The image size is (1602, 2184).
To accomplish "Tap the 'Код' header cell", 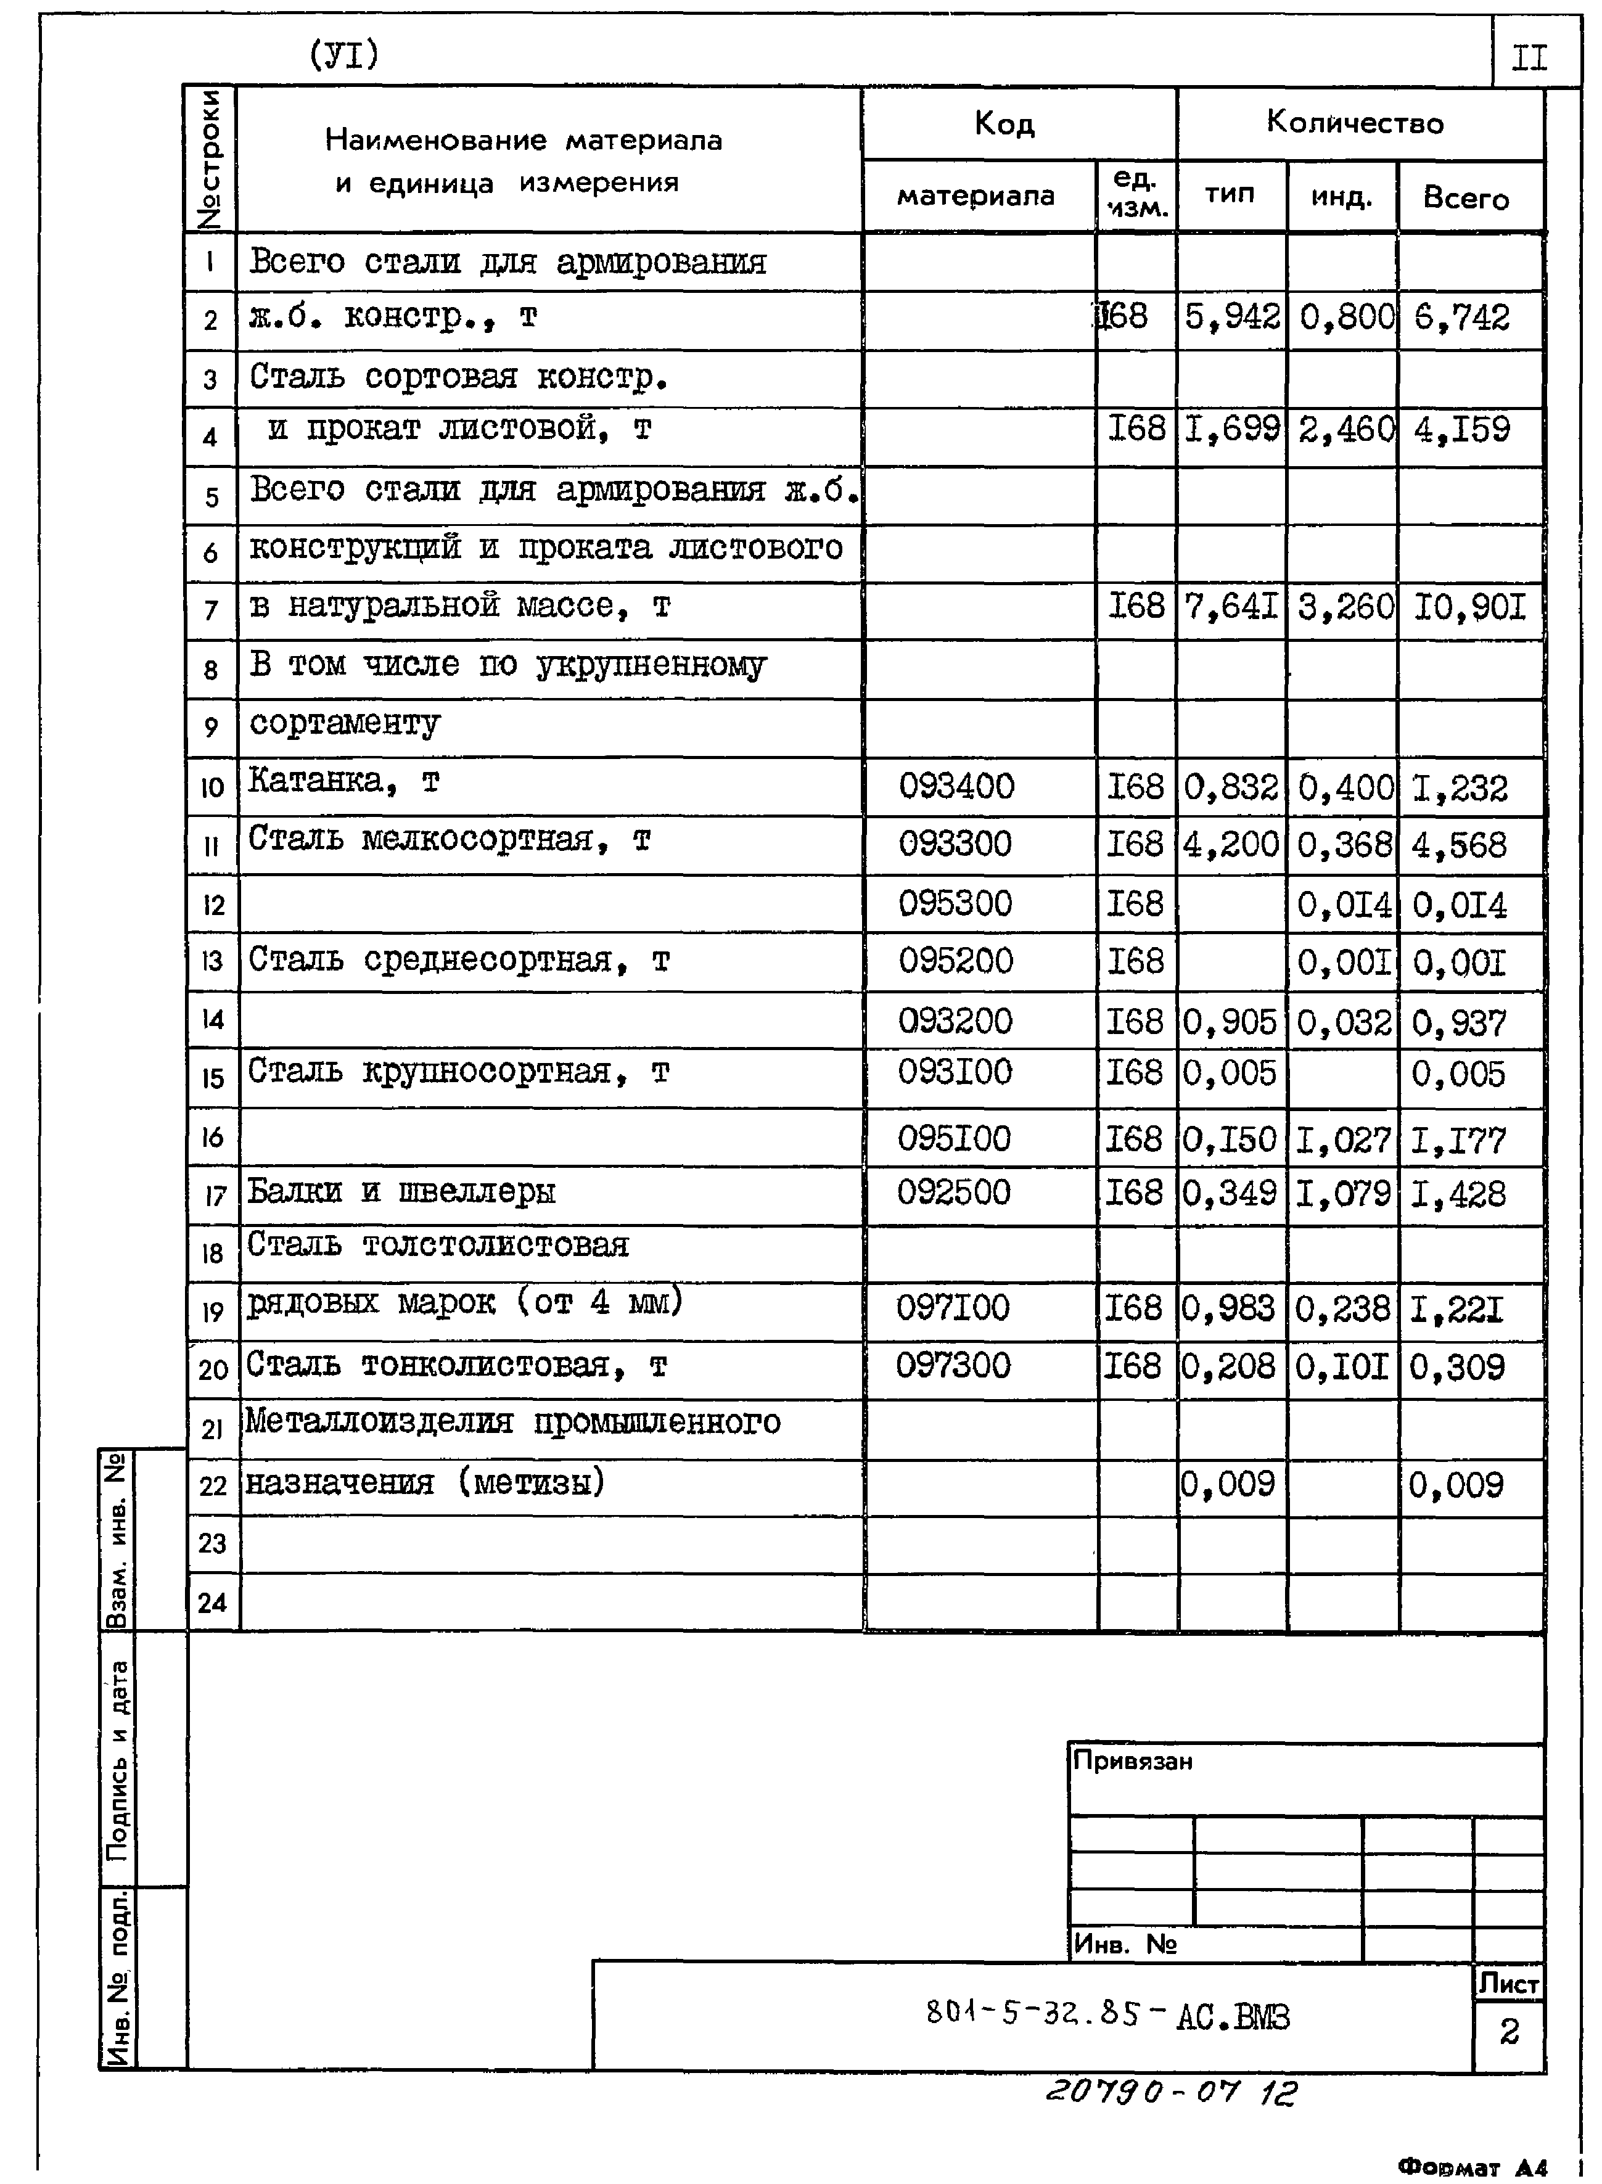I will coord(1004,123).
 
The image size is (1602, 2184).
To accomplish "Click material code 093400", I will coord(956,786).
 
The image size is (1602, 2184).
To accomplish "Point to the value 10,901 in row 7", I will coord(1469,608).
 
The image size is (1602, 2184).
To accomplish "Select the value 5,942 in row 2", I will coord(1231,317).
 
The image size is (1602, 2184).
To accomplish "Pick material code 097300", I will coord(953,1366).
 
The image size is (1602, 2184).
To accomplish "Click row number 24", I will coord(212,1602).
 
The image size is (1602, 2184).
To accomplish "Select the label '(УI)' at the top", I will coord(343,55).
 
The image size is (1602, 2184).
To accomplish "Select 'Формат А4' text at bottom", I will coord(1472,2166).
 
